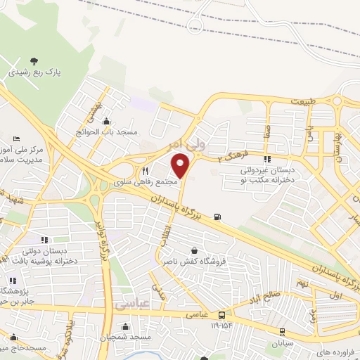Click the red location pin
click(181, 166)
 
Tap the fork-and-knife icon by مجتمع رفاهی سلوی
click(146, 171)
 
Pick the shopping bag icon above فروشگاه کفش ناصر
click(193, 250)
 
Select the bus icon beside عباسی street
click(222, 315)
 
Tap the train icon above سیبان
click(283, 332)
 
